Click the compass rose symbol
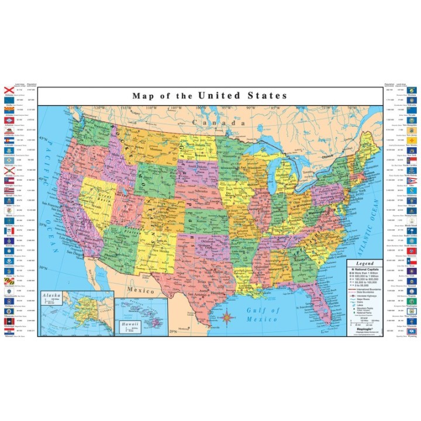[229, 318]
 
